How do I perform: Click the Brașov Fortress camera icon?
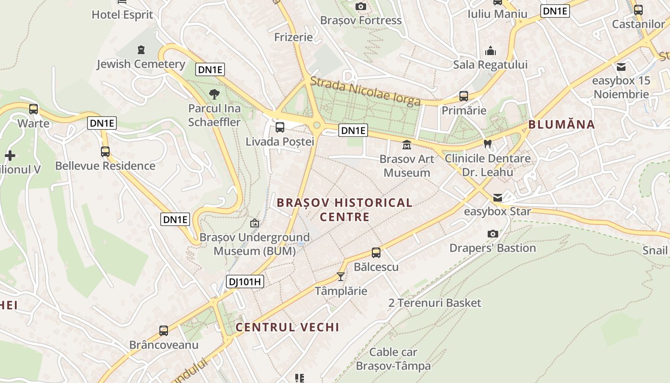(x=361, y=6)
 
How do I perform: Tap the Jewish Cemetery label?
(x=141, y=64)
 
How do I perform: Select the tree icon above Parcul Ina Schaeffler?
(x=214, y=94)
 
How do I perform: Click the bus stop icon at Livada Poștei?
(x=280, y=127)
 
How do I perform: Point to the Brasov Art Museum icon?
(x=407, y=145)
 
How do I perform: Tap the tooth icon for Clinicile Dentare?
(x=488, y=143)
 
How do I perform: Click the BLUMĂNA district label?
(x=561, y=125)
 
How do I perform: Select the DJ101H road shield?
(x=245, y=282)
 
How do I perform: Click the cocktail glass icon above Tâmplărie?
(x=341, y=276)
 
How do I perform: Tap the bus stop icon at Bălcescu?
(x=376, y=252)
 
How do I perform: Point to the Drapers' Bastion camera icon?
(x=492, y=234)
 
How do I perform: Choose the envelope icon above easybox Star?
(x=498, y=197)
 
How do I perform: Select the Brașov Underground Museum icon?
(x=255, y=223)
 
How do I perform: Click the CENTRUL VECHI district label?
(x=287, y=327)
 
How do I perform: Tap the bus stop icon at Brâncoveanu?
(x=164, y=330)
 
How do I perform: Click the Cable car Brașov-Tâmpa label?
(x=393, y=359)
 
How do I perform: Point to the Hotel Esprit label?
(x=123, y=15)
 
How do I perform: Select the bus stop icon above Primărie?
(x=463, y=96)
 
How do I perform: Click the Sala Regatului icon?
(x=491, y=51)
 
